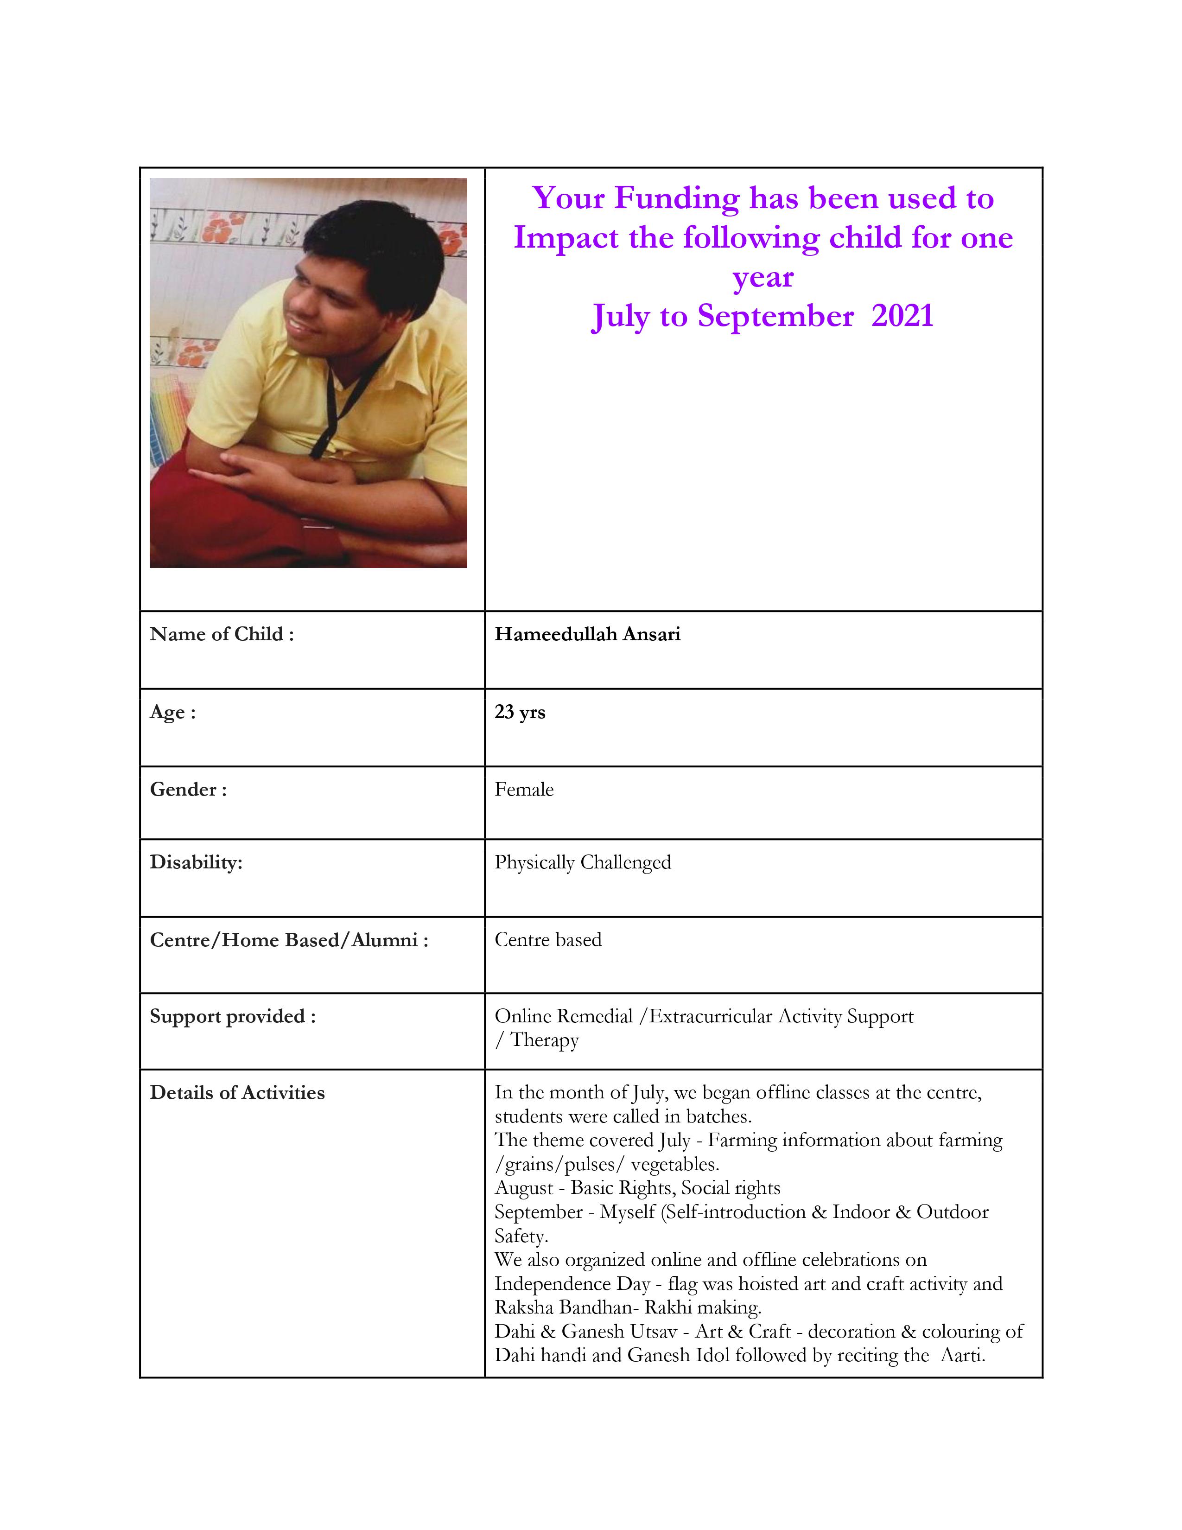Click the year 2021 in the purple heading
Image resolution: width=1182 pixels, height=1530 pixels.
(x=902, y=316)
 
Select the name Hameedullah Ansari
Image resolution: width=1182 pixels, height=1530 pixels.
(x=587, y=634)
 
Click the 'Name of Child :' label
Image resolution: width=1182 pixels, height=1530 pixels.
(x=221, y=634)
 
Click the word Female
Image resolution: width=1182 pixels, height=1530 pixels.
(x=524, y=790)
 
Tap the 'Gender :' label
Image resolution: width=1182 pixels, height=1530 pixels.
(x=188, y=790)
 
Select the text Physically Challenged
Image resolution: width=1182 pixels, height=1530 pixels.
(x=583, y=862)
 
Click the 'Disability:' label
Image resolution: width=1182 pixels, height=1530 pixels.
(x=195, y=862)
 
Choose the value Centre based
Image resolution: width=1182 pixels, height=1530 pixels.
(x=547, y=939)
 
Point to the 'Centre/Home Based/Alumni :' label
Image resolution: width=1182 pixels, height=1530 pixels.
(x=288, y=939)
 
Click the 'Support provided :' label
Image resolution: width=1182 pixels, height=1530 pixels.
(x=233, y=1016)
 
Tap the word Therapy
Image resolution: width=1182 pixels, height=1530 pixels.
(x=544, y=1040)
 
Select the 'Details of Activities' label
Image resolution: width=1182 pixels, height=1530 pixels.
(x=237, y=1092)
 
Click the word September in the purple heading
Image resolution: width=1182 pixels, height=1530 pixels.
(x=775, y=316)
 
